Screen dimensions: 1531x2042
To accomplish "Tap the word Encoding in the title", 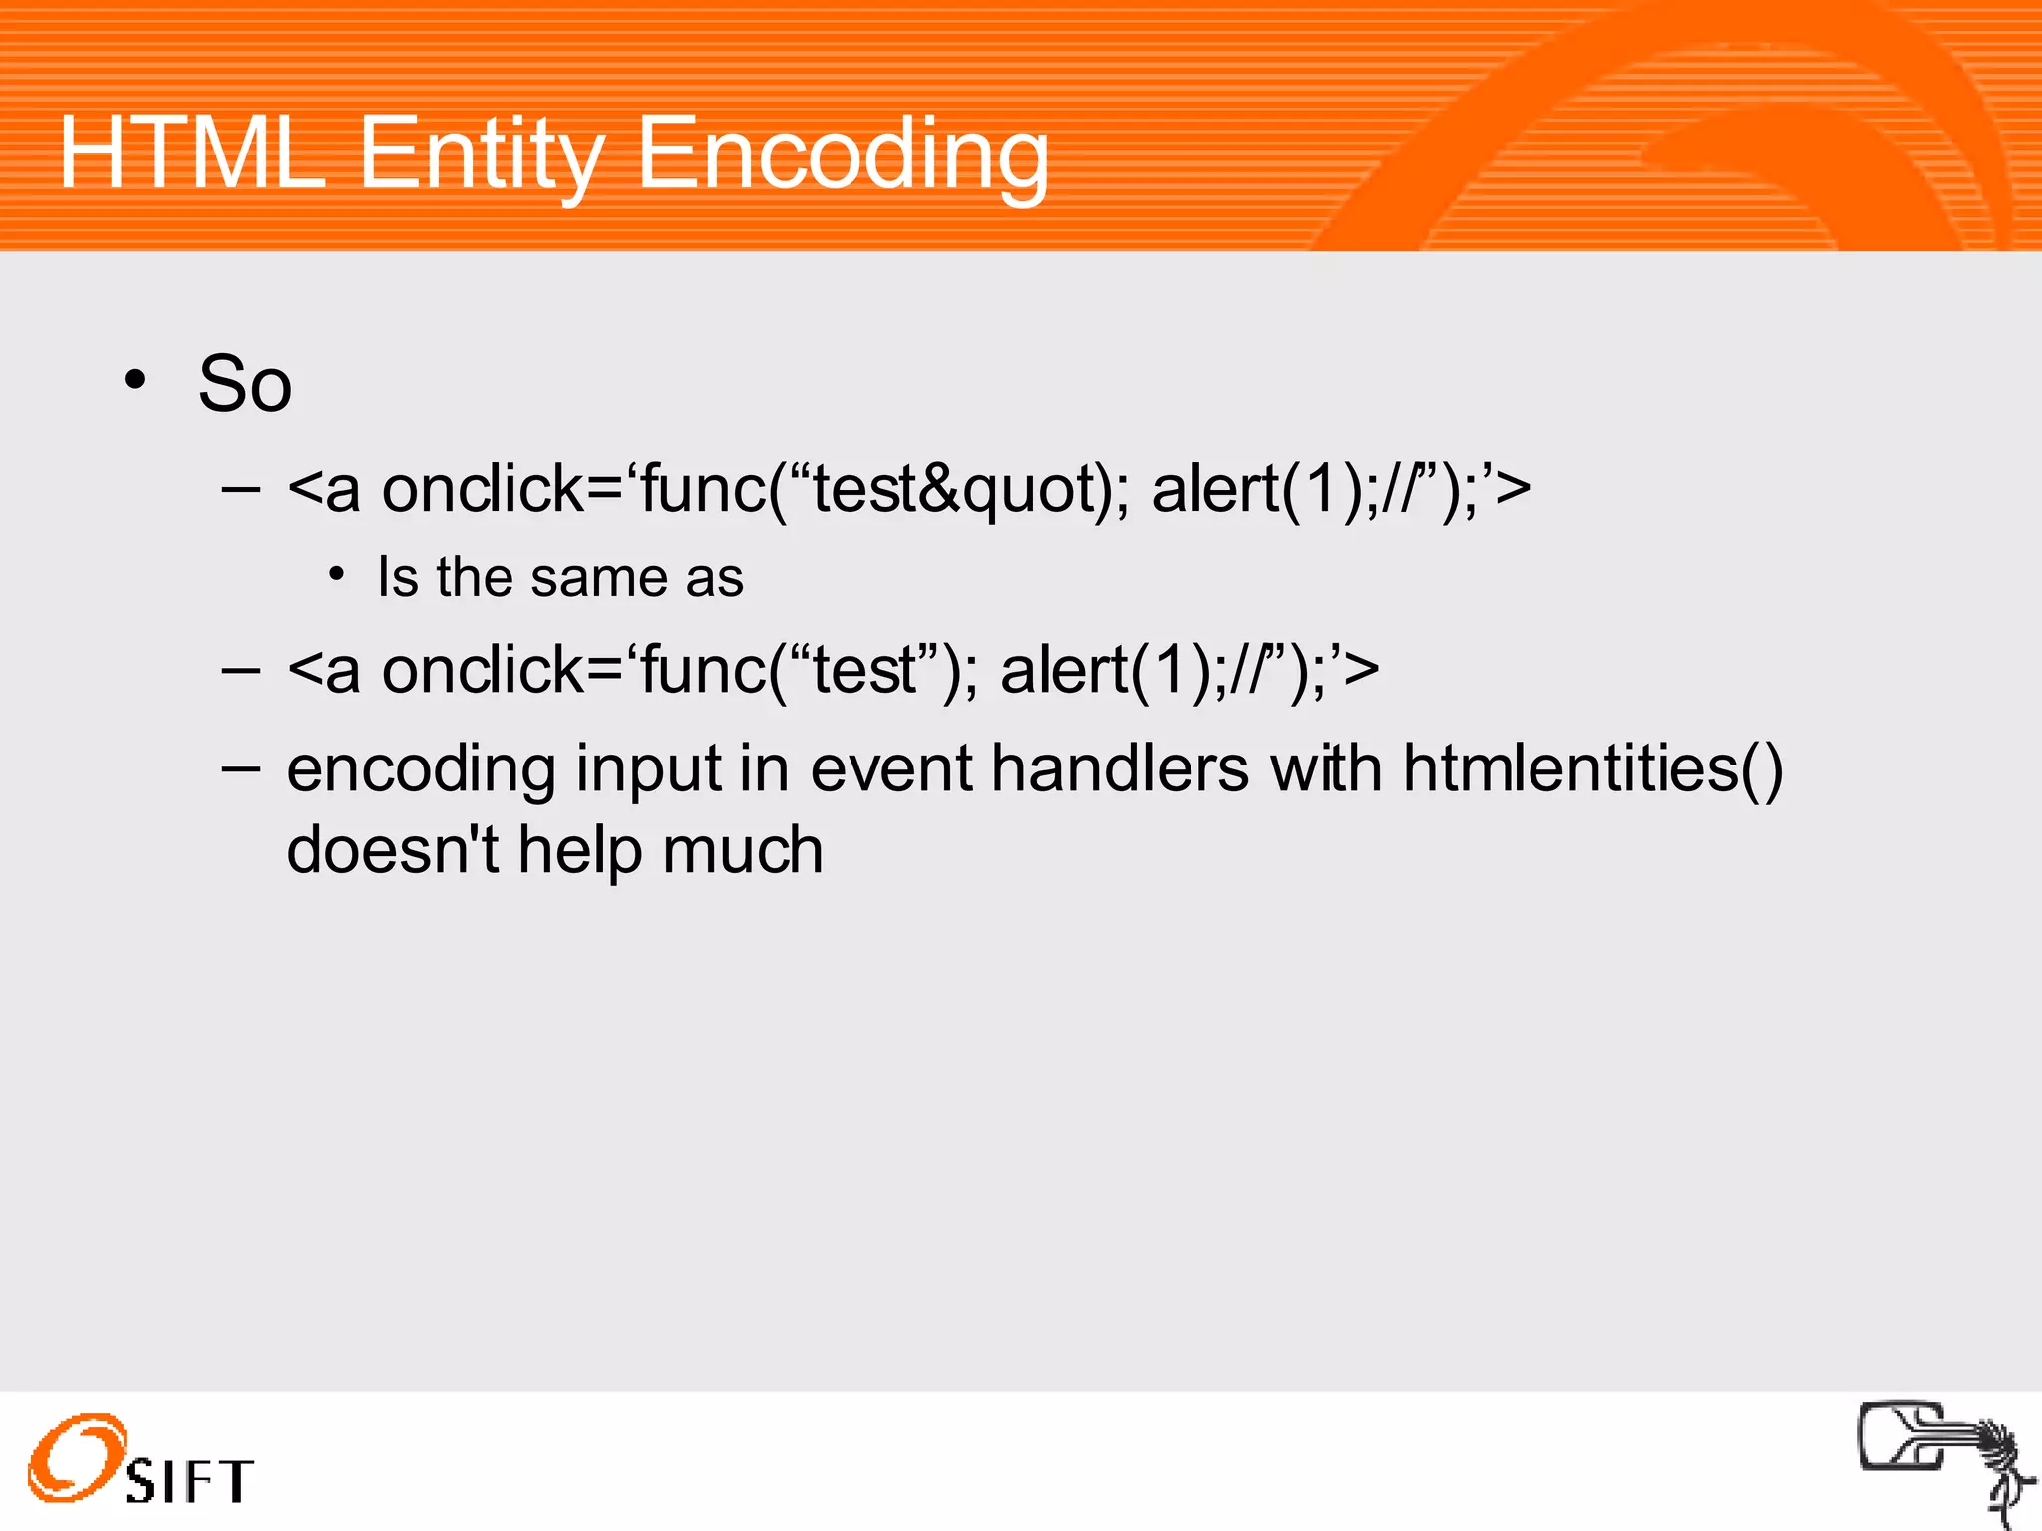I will point(843,154).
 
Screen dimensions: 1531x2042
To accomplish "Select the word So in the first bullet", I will point(245,384).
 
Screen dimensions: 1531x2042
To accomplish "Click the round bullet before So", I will point(135,380).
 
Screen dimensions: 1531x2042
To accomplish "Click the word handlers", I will point(1120,769).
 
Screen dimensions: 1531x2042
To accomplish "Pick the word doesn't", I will point(392,850).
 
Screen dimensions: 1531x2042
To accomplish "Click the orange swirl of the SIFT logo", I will point(75,1457).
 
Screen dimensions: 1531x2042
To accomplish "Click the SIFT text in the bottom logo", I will point(189,1480).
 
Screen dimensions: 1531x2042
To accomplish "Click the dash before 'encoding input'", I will point(240,768).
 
